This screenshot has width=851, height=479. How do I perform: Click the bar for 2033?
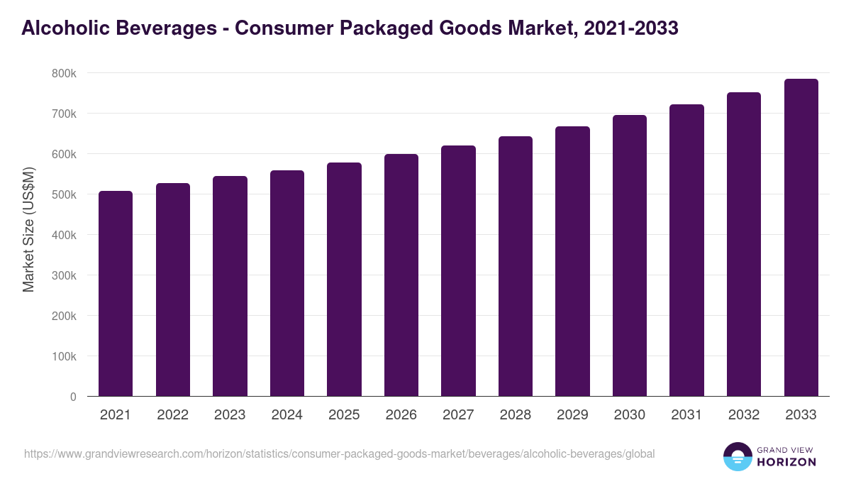[801, 237]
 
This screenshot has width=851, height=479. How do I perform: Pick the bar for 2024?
[287, 283]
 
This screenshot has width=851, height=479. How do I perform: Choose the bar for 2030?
[630, 255]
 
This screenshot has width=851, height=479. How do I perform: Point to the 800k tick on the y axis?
[64, 73]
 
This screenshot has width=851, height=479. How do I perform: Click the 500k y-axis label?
[64, 194]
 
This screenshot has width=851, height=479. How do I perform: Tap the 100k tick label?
[64, 356]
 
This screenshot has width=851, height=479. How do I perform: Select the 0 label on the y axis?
[73, 397]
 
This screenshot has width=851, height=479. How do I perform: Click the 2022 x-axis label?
[172, 415]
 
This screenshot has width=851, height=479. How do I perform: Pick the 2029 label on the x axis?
[572, 415]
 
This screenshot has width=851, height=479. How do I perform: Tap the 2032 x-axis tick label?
[744, 415]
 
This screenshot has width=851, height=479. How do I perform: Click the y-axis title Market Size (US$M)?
[28, 229]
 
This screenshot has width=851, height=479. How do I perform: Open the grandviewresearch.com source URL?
[339, 453]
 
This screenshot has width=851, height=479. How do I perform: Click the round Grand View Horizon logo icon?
[738, 456]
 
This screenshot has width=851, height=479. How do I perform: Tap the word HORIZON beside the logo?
[786, 462]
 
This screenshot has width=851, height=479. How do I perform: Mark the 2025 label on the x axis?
[344, 415]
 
